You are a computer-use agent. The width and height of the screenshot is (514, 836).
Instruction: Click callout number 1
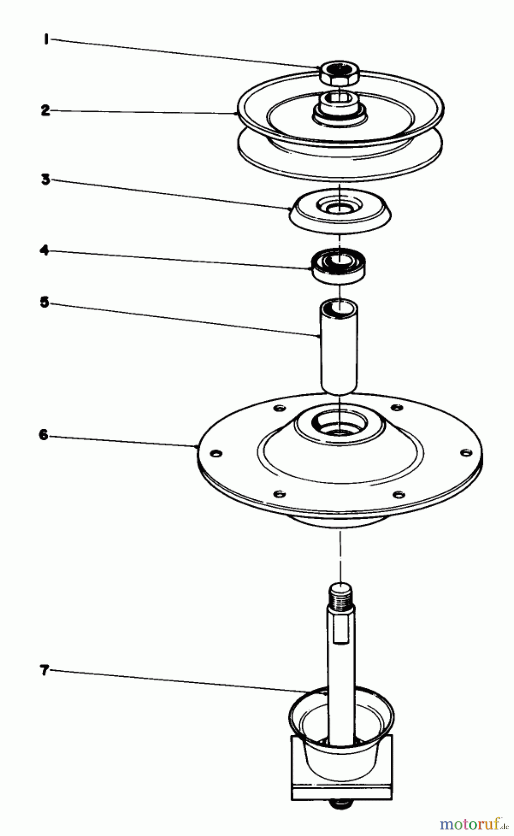[46, 40]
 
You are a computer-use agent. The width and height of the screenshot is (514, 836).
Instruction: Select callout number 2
[45, 111]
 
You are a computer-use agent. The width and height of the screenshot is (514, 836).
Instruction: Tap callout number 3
[45, 180]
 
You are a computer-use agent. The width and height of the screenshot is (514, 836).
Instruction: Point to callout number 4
[44, 251]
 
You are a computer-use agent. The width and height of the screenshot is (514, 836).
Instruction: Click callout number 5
[44, 302]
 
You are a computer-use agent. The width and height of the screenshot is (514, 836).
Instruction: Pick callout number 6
[43, 435]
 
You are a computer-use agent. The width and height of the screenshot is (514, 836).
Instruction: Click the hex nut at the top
[340, 73]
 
